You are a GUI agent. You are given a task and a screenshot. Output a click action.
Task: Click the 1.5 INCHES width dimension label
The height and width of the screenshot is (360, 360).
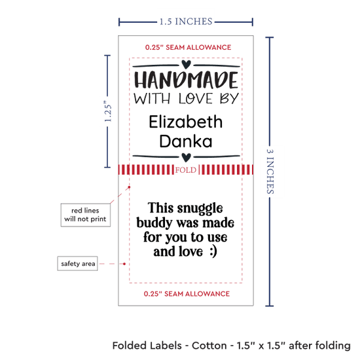click(186, 22)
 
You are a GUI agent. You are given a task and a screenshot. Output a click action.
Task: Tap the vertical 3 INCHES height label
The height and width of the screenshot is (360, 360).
click(270, 171)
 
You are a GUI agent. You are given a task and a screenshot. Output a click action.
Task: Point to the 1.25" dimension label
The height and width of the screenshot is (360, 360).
click(108, 111)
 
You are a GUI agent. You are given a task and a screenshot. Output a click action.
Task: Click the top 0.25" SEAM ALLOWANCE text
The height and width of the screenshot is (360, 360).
click(188, 47)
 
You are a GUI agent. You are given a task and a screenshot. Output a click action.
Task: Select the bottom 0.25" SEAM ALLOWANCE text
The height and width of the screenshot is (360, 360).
click(187, 294)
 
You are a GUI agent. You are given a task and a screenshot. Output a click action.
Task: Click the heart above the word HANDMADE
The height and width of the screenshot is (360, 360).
click(186, 64)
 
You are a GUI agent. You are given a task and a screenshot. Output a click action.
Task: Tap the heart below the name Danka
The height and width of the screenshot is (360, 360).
click(186, 157)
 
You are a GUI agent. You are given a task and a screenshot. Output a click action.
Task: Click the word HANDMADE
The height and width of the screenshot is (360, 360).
click(186, 80)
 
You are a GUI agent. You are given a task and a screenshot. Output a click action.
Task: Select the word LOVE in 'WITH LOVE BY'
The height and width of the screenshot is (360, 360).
click(196, 99)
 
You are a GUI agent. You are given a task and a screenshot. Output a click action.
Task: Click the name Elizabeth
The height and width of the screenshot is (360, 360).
click(186, 122)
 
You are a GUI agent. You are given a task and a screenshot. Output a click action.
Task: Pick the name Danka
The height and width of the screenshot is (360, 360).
click(186, 141)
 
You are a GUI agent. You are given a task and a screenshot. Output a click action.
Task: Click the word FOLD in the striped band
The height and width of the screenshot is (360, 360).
click(186, 170)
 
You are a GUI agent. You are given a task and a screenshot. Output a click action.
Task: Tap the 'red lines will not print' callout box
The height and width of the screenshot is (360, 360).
click(85, 215)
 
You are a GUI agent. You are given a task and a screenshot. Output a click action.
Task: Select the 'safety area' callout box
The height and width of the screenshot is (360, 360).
click(78, 263)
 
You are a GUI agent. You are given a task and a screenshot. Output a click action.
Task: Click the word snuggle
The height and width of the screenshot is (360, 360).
click(200, 209)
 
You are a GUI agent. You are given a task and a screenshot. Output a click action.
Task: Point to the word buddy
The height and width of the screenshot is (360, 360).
click(154, 223)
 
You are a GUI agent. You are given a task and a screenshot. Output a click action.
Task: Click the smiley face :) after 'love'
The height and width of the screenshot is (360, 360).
click(213, 251)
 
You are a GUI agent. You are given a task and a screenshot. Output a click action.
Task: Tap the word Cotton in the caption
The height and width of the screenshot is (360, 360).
click(209, 346)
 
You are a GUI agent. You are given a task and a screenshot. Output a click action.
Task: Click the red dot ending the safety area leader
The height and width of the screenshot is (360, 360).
click(124, 264)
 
